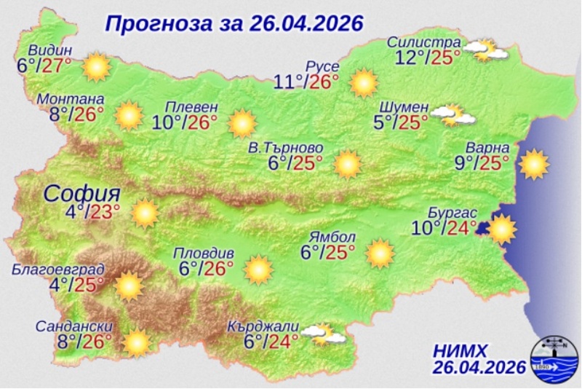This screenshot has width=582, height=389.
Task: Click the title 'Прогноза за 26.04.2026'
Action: tap(234, 23)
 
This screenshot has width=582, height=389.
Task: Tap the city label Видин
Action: tap(50, 50)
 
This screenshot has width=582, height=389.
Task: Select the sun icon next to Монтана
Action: tap(129, 115)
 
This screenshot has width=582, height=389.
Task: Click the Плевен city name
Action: tap(191, 105)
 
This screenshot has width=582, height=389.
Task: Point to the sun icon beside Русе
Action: tap(362, 83)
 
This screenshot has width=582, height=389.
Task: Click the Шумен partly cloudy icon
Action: tap(453, 114)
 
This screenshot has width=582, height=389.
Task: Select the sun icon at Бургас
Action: tap(501, 229)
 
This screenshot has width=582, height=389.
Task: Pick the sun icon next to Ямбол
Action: tap(380, 253)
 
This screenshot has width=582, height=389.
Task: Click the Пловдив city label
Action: tap(204, 253)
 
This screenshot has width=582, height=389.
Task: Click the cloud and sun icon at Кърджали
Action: tap(322, 334)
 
